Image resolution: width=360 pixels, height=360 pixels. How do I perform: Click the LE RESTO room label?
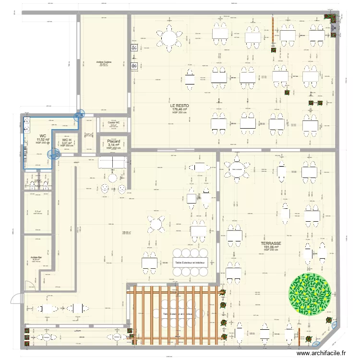180,105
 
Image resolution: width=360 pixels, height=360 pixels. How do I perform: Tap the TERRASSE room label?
270,243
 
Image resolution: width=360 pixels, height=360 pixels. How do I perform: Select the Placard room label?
113,142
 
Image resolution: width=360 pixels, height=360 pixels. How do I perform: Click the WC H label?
67,140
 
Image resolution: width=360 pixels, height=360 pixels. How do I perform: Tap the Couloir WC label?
114,123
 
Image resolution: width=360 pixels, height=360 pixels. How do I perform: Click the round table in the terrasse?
236,169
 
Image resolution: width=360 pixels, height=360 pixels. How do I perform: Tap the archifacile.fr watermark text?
322,353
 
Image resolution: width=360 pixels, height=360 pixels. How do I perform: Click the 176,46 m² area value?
180,109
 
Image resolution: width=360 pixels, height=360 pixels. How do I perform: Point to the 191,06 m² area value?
270,247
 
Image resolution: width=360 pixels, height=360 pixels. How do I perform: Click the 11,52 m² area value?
43,140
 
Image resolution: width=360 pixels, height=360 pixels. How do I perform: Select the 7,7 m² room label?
37,211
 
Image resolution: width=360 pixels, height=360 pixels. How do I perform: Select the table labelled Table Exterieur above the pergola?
190,263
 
